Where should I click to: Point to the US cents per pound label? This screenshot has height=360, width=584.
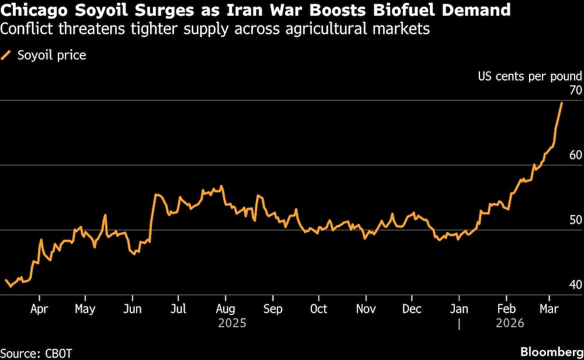click(530, 76)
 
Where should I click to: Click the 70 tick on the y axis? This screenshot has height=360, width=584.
click(575, 91)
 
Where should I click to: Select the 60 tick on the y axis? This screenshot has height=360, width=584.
click(575, 155)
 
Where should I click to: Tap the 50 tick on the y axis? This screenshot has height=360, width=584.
click(575, 220)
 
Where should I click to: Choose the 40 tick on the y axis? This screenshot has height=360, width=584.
click(575, 285)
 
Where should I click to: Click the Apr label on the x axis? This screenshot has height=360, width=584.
click(39, 309)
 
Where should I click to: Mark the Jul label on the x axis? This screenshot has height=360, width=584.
click(179, 309)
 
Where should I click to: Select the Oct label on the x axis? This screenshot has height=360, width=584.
click(318, 309)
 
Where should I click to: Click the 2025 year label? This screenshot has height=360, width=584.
click(232, 323)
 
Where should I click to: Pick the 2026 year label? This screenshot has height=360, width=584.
click(510, 323)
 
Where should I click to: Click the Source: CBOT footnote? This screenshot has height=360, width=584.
click(36, 352)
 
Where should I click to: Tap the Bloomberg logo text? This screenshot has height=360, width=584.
click(550, 352)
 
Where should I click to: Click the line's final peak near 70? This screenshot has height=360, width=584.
click(562, 103)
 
